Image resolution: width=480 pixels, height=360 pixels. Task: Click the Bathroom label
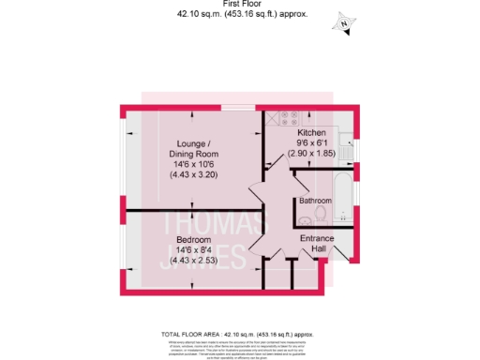click(315, 201)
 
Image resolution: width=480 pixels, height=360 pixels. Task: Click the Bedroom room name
click(194, 240)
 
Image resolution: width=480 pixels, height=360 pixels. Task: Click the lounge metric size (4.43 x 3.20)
click(193, 175)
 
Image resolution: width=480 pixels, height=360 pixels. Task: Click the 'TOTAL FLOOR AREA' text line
click(239, 335)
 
